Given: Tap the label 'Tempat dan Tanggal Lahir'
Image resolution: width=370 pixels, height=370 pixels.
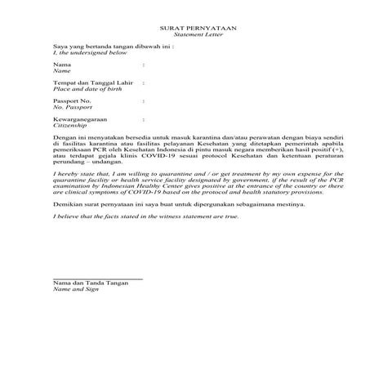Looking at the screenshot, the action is click(87, 82).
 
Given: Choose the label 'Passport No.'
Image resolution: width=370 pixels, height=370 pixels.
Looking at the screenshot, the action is click(70, 100).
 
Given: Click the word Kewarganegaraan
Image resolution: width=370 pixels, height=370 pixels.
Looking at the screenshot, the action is click(78, 118).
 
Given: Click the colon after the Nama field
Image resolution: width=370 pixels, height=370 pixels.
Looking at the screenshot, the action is click(144, 64).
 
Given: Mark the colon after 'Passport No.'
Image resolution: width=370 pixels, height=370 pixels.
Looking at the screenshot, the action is click(144, 100).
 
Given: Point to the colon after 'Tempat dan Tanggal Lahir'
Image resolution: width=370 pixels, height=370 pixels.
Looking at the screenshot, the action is click(144, 82).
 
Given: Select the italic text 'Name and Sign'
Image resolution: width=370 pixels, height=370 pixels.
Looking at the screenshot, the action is click(74, 289).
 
